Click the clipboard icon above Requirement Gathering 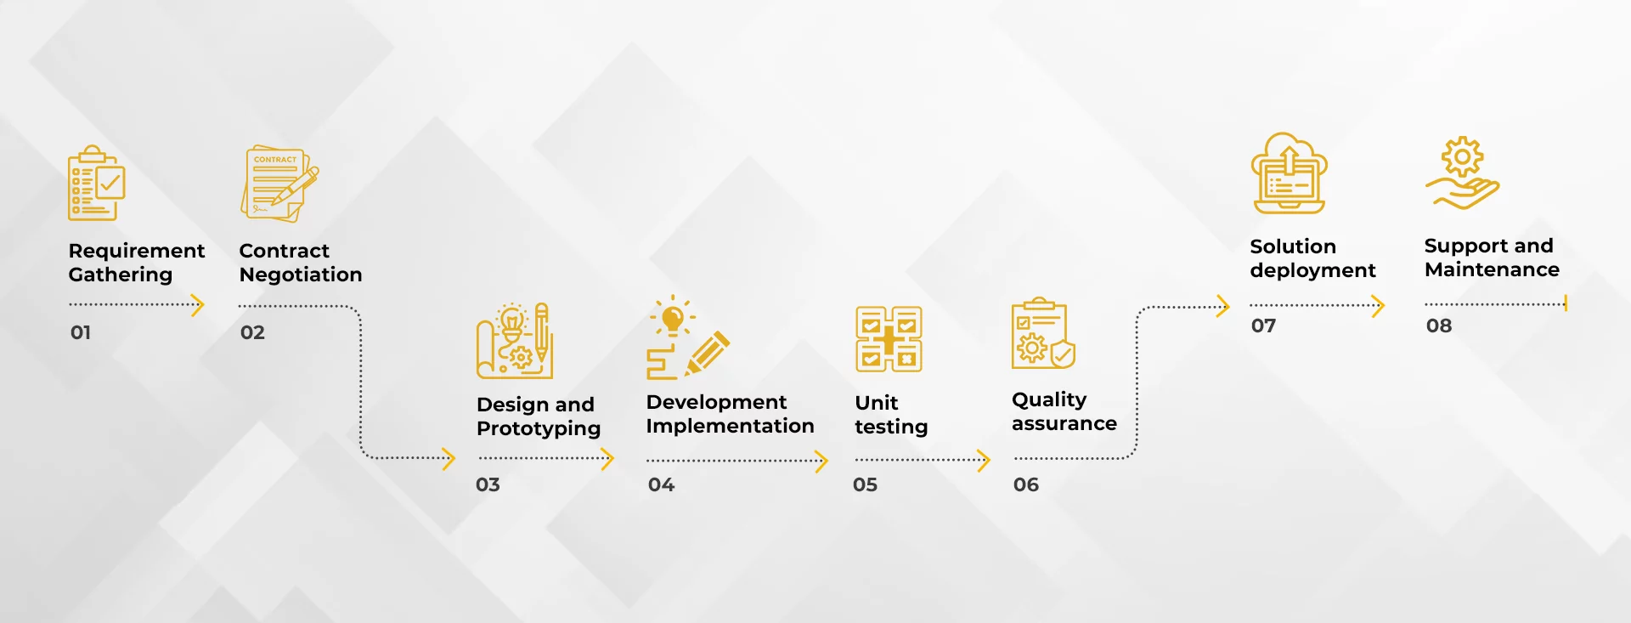click(x=96, y=183)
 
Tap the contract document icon click(x=279, y=184)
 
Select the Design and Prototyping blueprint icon click(x=515, y=341)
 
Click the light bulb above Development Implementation click(x=673, y=318)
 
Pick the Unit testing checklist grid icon click(x=889, y=339)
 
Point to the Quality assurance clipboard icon click(x=1043, y=333)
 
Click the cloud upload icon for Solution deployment click(x=1289, y=173)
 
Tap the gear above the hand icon click(x=1462, y=157)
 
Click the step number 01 click(x=81, y=332)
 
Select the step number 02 click(x=252, y=332)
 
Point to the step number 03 click(x=488, y=484)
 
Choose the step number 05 click(x=865, y=484)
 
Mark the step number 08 click(x=1439, y=326)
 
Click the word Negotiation click(x=301, y=275)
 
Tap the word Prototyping click(x=539, y=429)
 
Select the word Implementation click(x=730, y=427)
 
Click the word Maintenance click(x=1492, y=269)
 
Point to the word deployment click(x=1312, y=271)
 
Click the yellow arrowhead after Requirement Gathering click(x=197, y=304)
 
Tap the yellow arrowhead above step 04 click(x=821, y=462)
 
